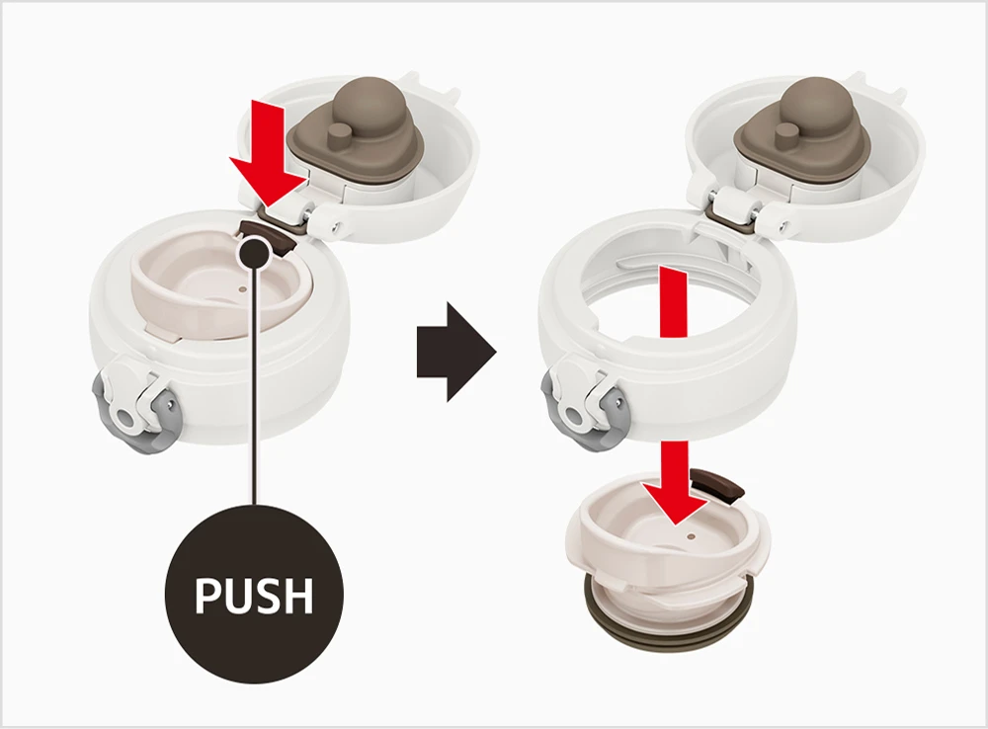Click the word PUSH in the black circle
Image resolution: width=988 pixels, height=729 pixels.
click(254, 595)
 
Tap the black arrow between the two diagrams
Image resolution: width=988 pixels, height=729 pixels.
click(456, 352)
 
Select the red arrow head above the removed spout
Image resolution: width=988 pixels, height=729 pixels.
click(674, 501)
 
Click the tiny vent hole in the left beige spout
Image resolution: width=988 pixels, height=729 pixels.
click(243, 289)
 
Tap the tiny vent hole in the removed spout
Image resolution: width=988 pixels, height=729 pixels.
click(691, 536)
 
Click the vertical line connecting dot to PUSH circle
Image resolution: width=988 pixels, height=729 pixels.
click(254, 384)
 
